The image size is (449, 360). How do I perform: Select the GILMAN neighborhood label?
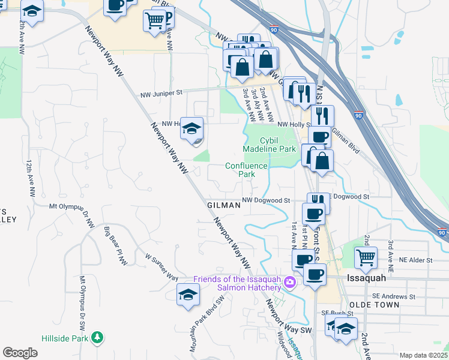[223, 205]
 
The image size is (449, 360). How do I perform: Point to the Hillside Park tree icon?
[97, 338]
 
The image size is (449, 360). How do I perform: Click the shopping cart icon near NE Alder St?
[366, 258]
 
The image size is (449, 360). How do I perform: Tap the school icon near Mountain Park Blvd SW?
[188, 295]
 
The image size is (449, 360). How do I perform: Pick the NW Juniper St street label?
[161, 94]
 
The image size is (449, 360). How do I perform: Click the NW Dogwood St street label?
[266, 200]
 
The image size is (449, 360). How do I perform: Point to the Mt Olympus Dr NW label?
[72, 213]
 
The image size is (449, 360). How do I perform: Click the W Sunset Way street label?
[161, 267]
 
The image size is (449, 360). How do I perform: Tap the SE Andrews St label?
[393, 296]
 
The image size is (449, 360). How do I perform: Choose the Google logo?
[20, 352]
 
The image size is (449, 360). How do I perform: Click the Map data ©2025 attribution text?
[423, 355]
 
